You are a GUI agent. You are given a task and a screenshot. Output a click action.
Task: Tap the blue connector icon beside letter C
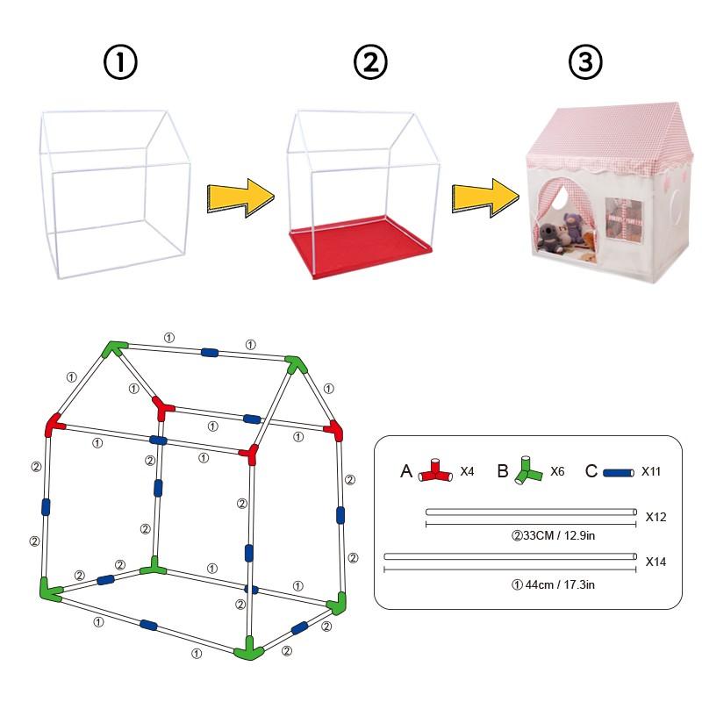pos(619,472)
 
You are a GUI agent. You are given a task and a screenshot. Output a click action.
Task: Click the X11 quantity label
pos(651,471)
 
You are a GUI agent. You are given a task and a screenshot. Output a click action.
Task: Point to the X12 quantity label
pos(655,517)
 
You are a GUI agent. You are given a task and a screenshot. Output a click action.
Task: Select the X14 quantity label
pos(655,561)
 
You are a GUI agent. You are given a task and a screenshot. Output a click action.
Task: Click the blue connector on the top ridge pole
pos(210,352)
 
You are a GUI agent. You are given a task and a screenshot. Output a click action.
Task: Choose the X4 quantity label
pos(469,471)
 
